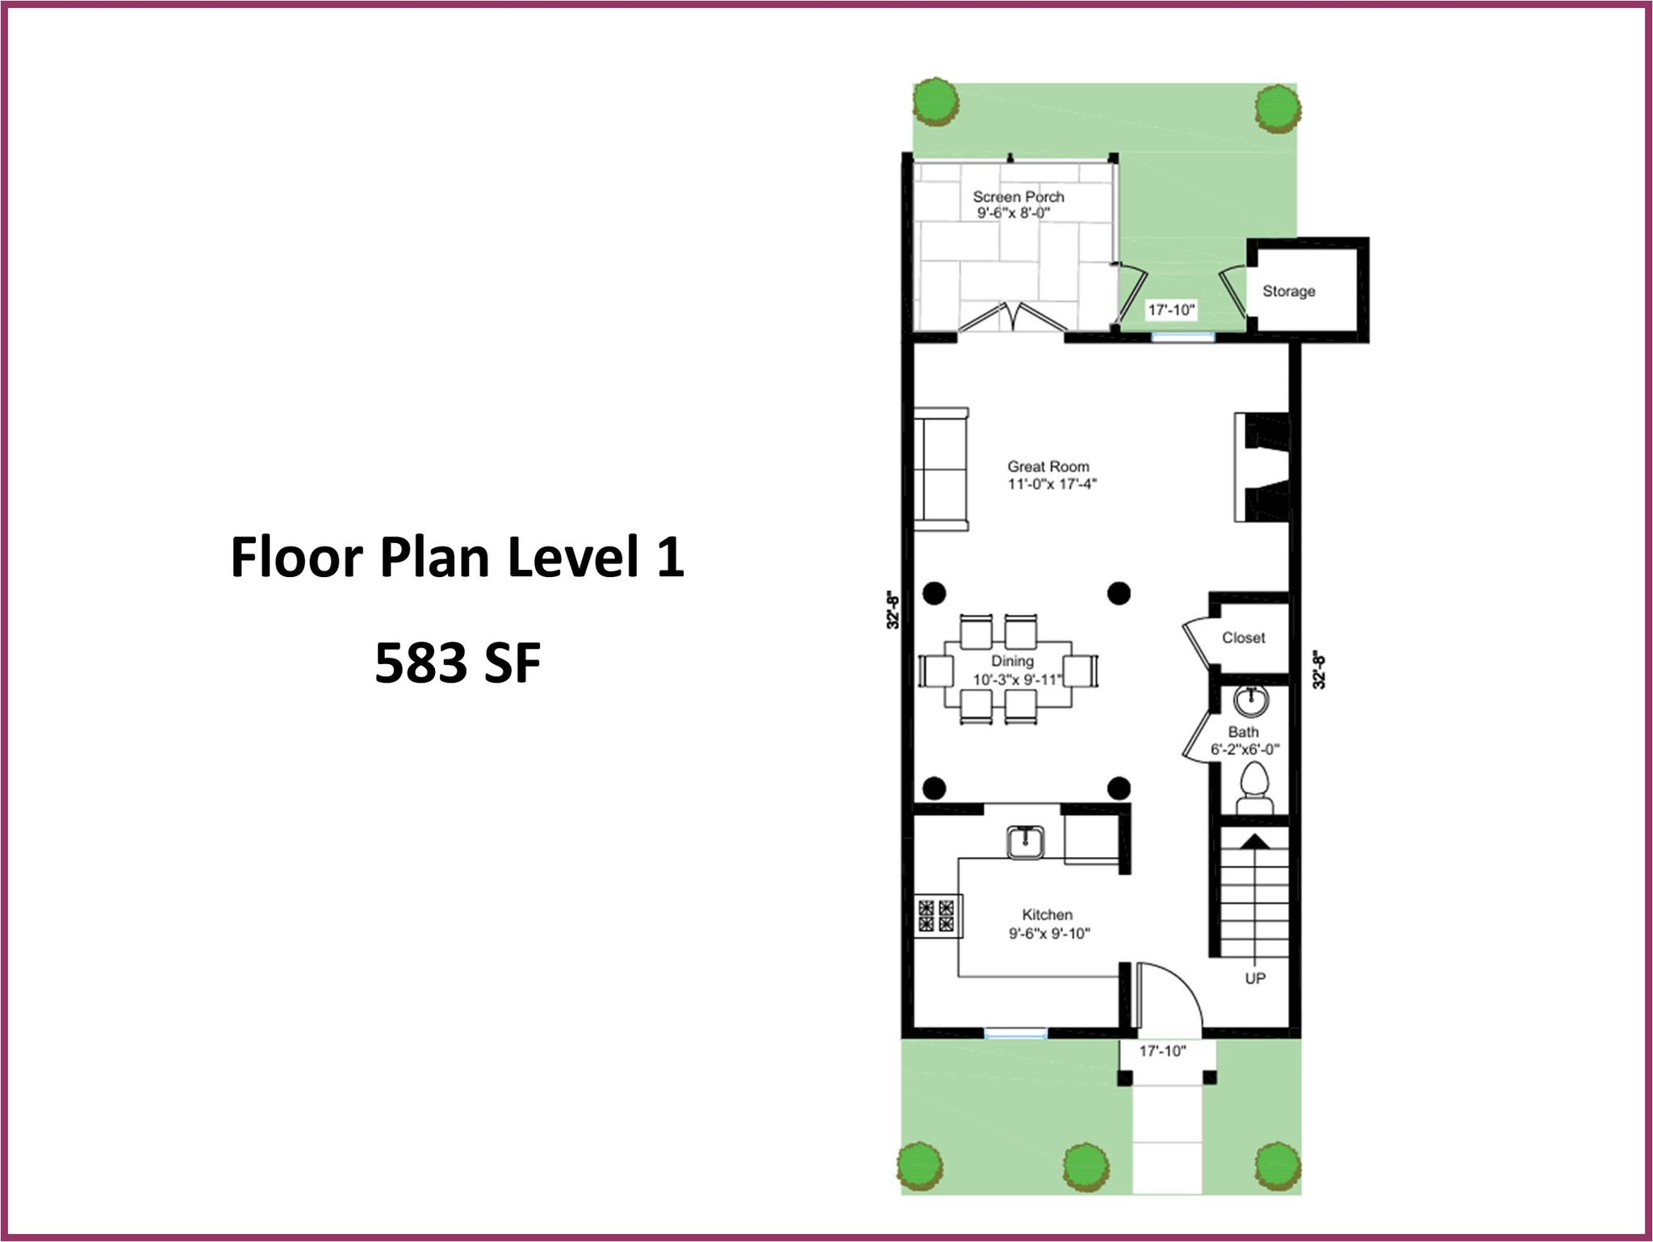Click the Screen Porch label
[x=1018, y=197]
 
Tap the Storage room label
[x=1289, y=291]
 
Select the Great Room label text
[x=1048, y=466]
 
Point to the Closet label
[x=1243, y=638]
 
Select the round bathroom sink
[x=1251, y=700]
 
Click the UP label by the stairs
[x=1255, y=978]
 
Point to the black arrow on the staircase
[x=1254, y=841]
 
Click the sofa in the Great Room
[x=941, y=469]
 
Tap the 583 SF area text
[x=458, y=663]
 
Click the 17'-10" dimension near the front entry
[x=1162, y=1051]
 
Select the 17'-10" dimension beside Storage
[x=1171, y=310]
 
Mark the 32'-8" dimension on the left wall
[x=893, y=610]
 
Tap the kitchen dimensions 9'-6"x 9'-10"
[x=1049, y=934]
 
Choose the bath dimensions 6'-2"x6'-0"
[x=1245, y=750]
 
